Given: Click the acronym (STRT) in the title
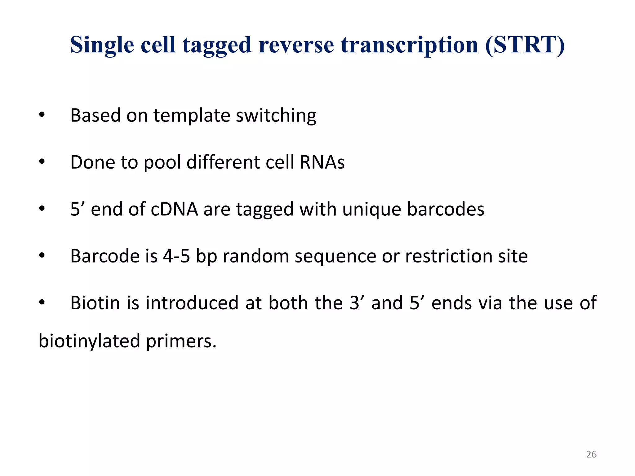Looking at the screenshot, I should pos(525,45).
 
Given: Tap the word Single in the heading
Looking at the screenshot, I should pos(102,45).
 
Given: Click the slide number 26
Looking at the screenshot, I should pos(591,454).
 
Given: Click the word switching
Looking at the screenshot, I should pos(276,116).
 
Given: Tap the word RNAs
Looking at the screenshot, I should pos(322,162).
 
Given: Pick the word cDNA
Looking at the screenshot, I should pos(174,209).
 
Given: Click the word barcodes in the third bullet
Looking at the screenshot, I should pos(445,209).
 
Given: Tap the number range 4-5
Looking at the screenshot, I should pos(176,256).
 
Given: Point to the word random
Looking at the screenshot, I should pos(256,256).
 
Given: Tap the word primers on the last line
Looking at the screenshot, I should pos(181,341).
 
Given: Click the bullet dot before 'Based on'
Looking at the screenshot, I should pos(42,116).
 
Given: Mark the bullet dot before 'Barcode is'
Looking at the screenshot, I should pos(42,256).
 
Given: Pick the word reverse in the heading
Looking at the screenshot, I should pos(296,45).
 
